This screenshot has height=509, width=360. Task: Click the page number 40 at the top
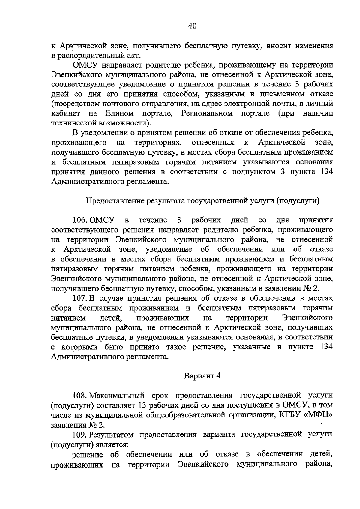click(x=192, y=26)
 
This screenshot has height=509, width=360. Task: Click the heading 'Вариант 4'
click(x=202, y=376)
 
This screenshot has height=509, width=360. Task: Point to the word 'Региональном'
click(x=207, y=113)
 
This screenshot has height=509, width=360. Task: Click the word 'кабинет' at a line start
click(x=65, y=113)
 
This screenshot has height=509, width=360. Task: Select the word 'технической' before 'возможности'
click(x=73, y=123)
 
